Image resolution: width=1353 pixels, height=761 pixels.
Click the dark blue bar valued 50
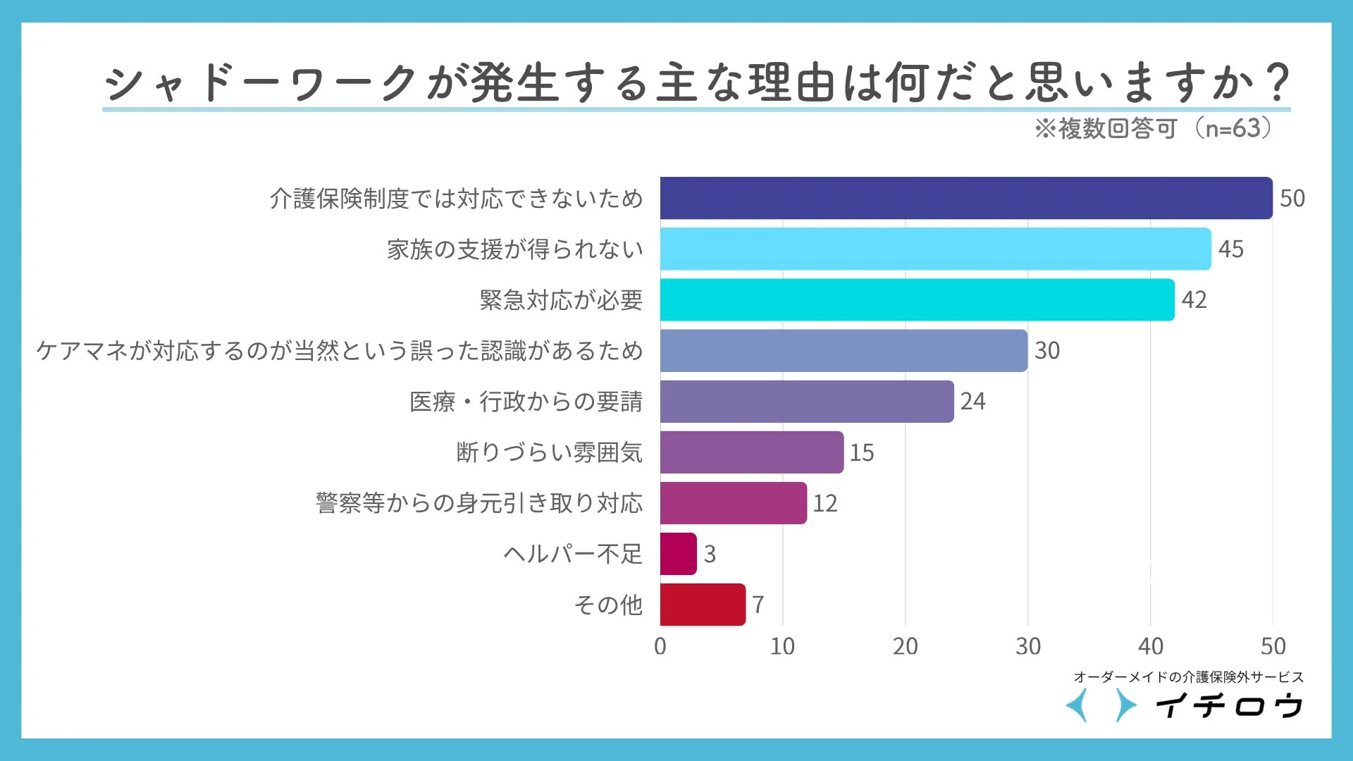pos(965,198)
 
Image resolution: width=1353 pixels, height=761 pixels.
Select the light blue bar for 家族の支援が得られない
pos(935,249)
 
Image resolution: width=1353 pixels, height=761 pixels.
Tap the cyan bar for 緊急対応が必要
pos(917,299)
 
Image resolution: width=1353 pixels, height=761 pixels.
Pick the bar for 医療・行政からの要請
pos(807,401)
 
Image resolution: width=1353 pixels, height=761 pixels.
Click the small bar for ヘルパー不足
pos(678,554)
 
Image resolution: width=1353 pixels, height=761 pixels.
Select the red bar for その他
pos(703,605)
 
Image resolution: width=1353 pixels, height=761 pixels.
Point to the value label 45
pos(1230,249)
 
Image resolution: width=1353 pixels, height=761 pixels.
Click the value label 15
pos(861,452)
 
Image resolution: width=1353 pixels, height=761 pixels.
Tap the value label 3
pos(710,554)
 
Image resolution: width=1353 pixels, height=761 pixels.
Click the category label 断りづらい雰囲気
pos(549,452)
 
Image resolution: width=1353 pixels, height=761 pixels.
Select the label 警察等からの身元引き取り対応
pos(479,503)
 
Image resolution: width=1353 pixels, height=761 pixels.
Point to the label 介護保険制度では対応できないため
pos(456,199)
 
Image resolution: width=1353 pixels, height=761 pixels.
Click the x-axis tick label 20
pos(905,646)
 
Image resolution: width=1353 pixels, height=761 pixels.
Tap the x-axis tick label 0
pos(660,646)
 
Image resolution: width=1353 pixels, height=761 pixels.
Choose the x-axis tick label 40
pos(1150,646)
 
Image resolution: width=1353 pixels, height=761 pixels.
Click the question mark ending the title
pos(1276,82)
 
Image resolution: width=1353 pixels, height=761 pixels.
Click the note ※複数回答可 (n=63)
pos(1154,128)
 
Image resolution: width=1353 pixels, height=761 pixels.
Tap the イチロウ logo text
pos(1229,705)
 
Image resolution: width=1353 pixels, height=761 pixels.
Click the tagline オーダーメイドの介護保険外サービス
pos(1188,677)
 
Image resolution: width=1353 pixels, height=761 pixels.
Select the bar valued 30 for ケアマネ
pos(844,350)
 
